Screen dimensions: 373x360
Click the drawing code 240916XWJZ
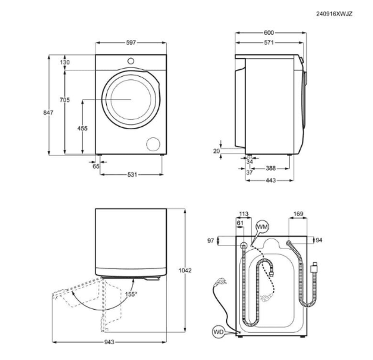coord(334,14)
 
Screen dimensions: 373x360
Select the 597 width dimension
coord(131,42)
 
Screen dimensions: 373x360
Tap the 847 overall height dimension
coord(48,113)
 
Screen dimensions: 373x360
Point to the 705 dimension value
coord(65,100)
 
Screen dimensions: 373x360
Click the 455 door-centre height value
coord(82,128)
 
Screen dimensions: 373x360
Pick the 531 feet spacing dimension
coord(132,175)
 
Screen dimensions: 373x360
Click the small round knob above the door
coord(131,61)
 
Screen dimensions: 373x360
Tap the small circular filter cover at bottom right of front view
coord(153,144)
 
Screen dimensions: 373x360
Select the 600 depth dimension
coord(269,32)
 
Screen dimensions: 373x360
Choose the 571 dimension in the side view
coord(269,42)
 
